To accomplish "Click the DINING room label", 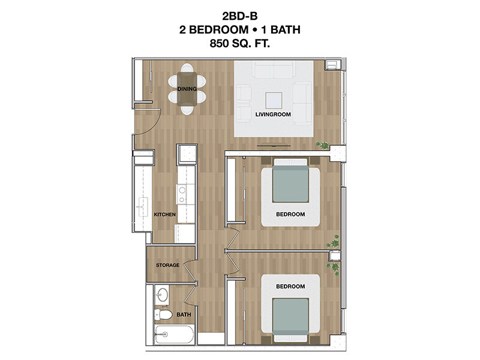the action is (187, 89).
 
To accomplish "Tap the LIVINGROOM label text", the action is (273, 115).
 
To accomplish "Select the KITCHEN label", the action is (164, 215).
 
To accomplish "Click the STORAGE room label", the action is (167, 265).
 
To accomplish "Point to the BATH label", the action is (184, 314).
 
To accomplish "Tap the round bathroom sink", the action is (161, 295).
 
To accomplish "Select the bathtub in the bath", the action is (174, 335).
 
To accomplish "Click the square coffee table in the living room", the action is (274, 100).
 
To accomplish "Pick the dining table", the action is (187, 89).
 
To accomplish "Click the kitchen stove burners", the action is (182, 194).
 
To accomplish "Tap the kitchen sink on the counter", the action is (142, 207).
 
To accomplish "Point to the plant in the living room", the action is (323, 145).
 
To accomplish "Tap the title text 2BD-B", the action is (239, 16).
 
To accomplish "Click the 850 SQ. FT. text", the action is (239, 43).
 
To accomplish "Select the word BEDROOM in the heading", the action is (218, 29).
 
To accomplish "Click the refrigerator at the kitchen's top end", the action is (187, 155).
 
